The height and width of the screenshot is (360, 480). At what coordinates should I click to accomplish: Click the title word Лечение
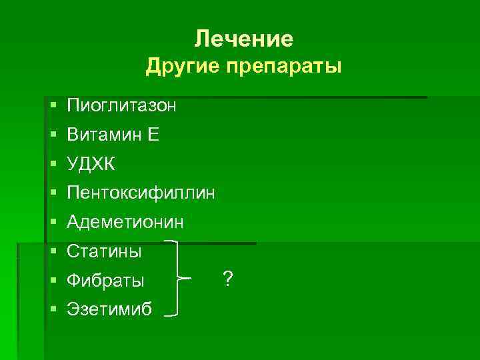pyautogui.click(x=243, y=39)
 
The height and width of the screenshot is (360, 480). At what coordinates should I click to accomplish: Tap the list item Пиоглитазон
pyautogui.click(x=121, y=105)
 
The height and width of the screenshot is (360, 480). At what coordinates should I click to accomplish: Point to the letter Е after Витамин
pyautogui.click(x=153, y=135)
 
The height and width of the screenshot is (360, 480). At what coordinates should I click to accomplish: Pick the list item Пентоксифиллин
pyautogui.click(x=141, y=193)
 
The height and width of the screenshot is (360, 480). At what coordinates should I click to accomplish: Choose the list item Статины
pyautogui.click(x=104, y=252)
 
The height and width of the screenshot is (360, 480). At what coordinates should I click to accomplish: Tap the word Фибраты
pyautogui.click(x=105, y=281)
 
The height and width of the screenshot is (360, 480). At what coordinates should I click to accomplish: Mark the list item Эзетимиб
pyautogui.click(x=109, y=310)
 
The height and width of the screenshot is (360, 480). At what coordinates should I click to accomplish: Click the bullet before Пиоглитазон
pyautogui.click(x=52, y=105)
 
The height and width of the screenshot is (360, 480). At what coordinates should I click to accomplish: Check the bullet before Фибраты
pyautogui.click(x=52, y=281)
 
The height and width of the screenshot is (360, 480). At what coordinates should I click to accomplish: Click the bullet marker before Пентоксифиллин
pyautogui.click(x=52, y=193)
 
